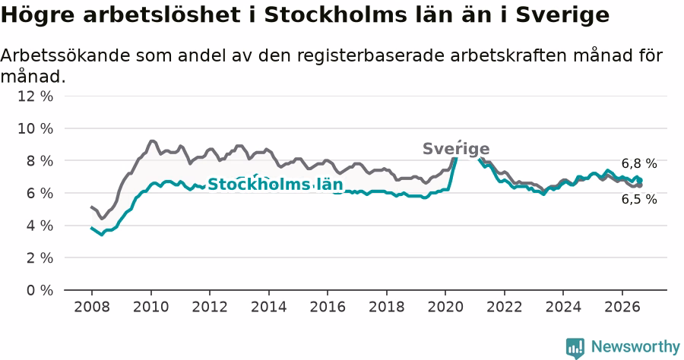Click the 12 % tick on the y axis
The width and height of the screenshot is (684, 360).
pyautogui.click(x=35, y=96)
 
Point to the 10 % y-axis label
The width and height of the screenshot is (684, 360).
pyautogui.click(x=35, y=128)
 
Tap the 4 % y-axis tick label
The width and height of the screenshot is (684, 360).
pyautogui.click(x=40, y=226)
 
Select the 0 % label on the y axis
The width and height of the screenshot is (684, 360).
pyautogui.click(x=40, y=290)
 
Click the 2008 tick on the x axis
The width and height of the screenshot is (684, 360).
pyautogui.click(x=92, y=307)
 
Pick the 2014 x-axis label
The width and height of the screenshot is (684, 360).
pyautogui.click(x=269, y=307)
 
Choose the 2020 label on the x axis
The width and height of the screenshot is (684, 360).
pyautogui.click(x=445, y=307)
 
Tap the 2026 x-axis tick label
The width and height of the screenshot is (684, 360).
pyautogui.click(x=622, y=307)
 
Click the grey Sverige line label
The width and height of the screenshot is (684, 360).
pyautogui.click(x=456, y=149)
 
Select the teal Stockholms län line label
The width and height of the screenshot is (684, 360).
pyautogui.click(x=275, y=185)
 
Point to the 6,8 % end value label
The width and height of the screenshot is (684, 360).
pyautogui.click(x=639, y=163)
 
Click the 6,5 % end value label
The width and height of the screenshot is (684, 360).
pyautogui.click(x=639, y=199)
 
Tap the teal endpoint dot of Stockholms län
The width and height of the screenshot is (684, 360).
pyautogui.click(x=639, y=180)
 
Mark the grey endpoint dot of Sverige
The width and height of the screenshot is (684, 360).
pyautogui.click(x=639, y=185)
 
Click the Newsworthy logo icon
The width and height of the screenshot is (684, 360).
pyautogui.click(x=575, y=348)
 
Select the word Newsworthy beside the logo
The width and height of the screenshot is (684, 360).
pyautogui.click(x=635, y=347)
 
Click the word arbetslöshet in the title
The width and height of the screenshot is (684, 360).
pyautogui.click(x=161, y=15)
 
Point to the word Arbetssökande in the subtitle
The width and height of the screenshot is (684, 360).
pyautogui.click(x=65, y=55)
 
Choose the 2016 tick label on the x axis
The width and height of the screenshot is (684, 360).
pyautogui.click(x=328, y=307)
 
